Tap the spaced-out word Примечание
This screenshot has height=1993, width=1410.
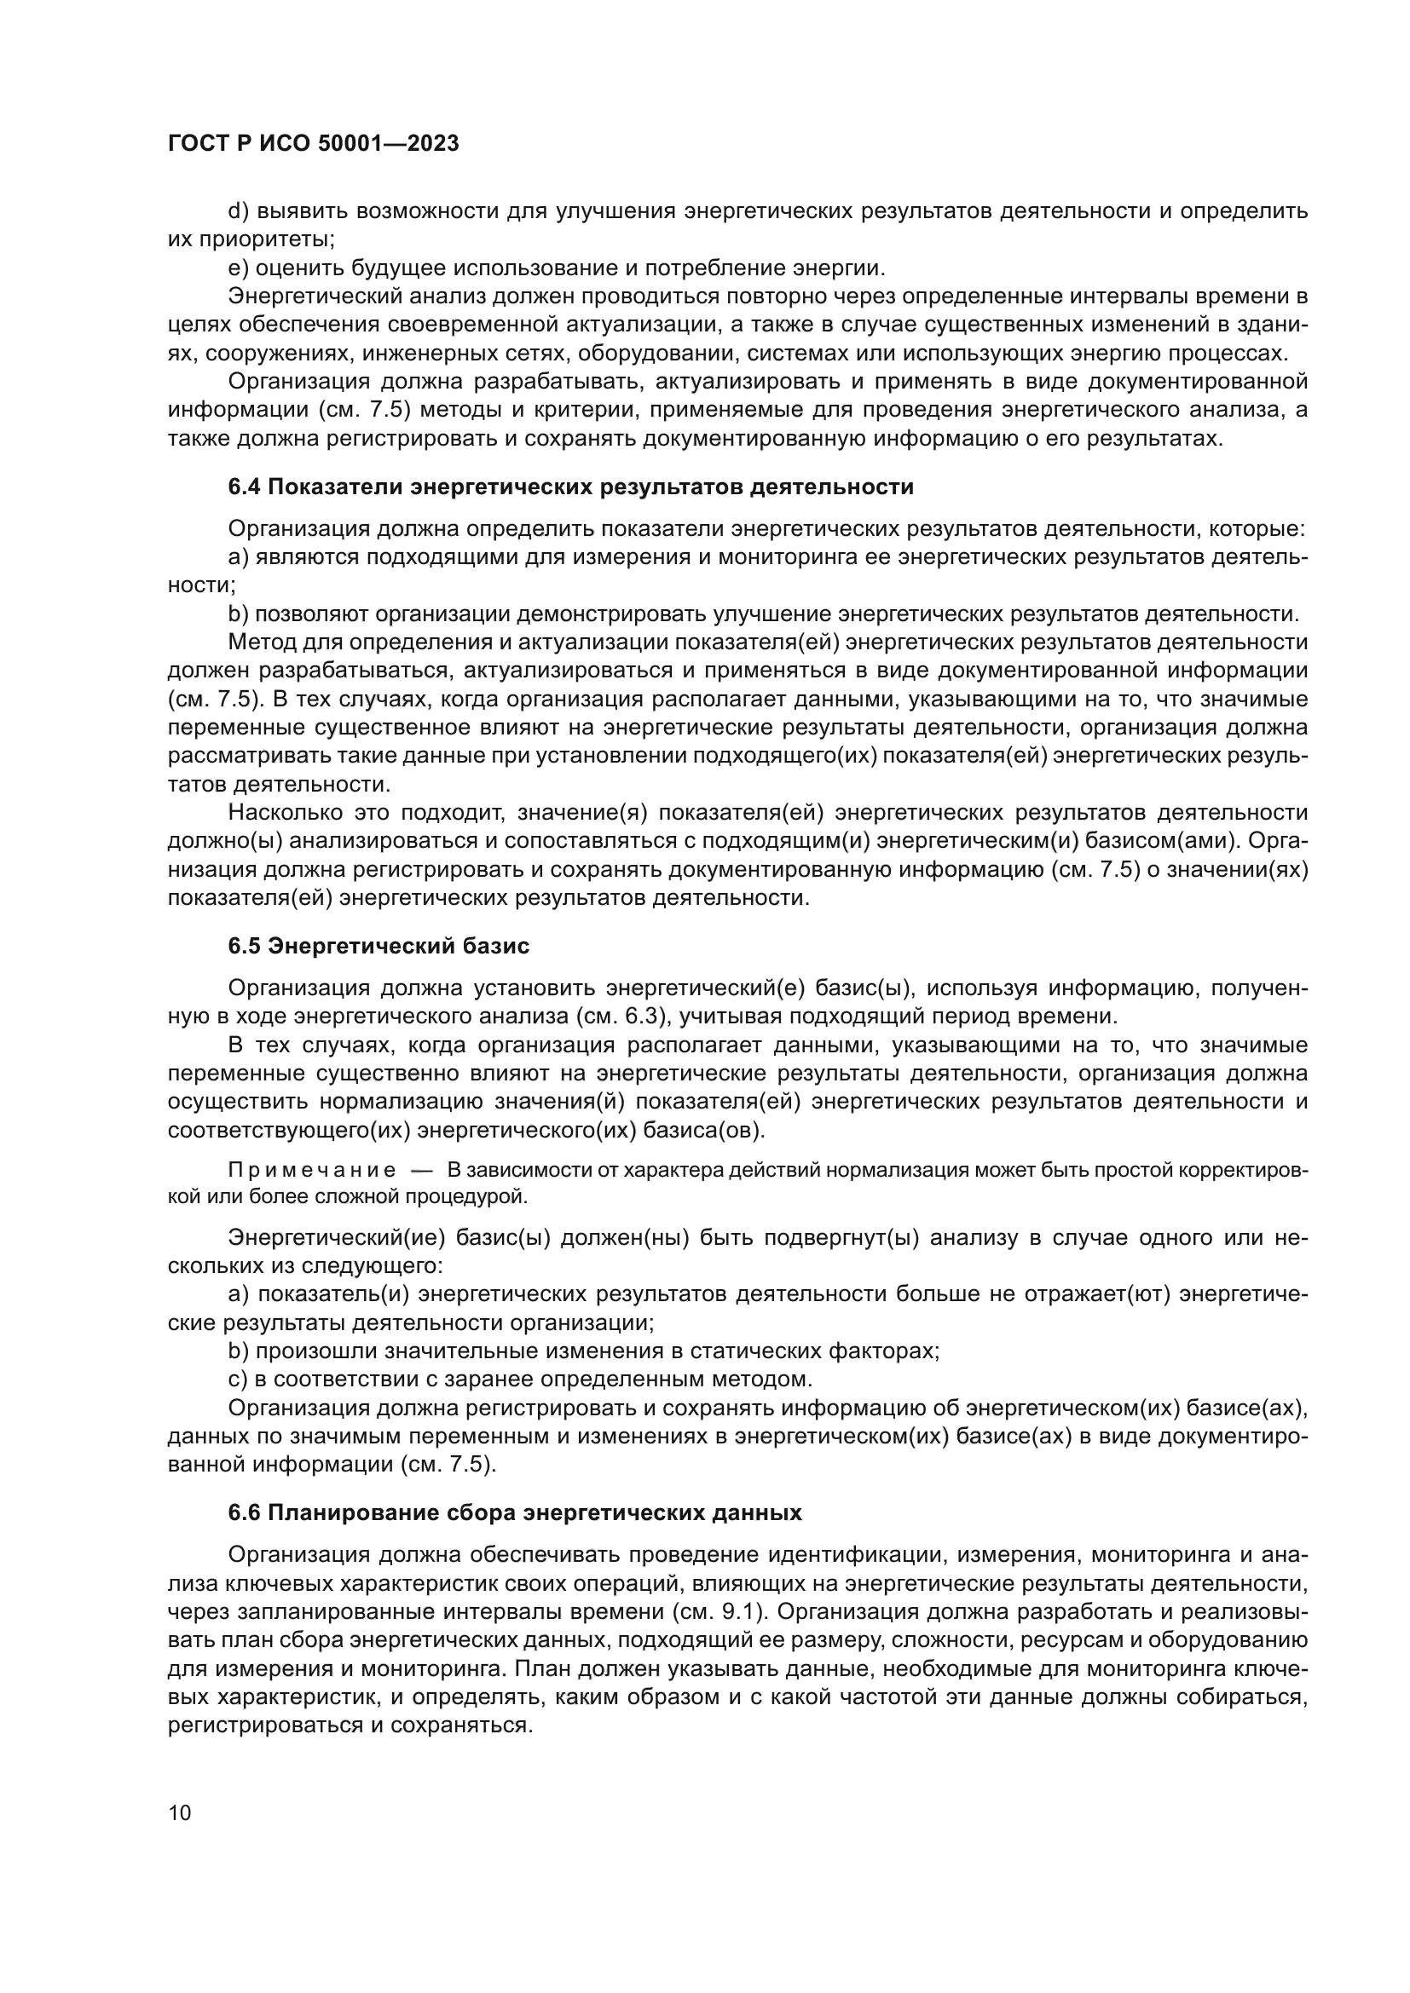coord(312,1171)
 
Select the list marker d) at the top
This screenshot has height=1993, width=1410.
coord(238,211)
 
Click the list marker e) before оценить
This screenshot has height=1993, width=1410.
coord(238,268)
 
